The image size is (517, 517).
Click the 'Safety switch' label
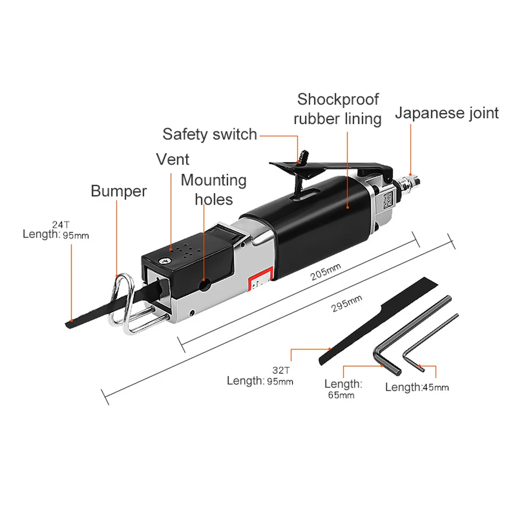click(209, 134)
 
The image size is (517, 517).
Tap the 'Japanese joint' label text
click(447, 113)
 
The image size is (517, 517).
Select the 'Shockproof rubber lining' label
click(338, 109)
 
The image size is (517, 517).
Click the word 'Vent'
click(173, 159)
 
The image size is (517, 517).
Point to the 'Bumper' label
click(118, 191)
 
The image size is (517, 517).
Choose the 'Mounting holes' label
click(214, 189)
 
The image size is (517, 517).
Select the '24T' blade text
click(61, 224)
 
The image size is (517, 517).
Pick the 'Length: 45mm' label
click(417, 387)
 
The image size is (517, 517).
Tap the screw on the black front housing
click(165, 261)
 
